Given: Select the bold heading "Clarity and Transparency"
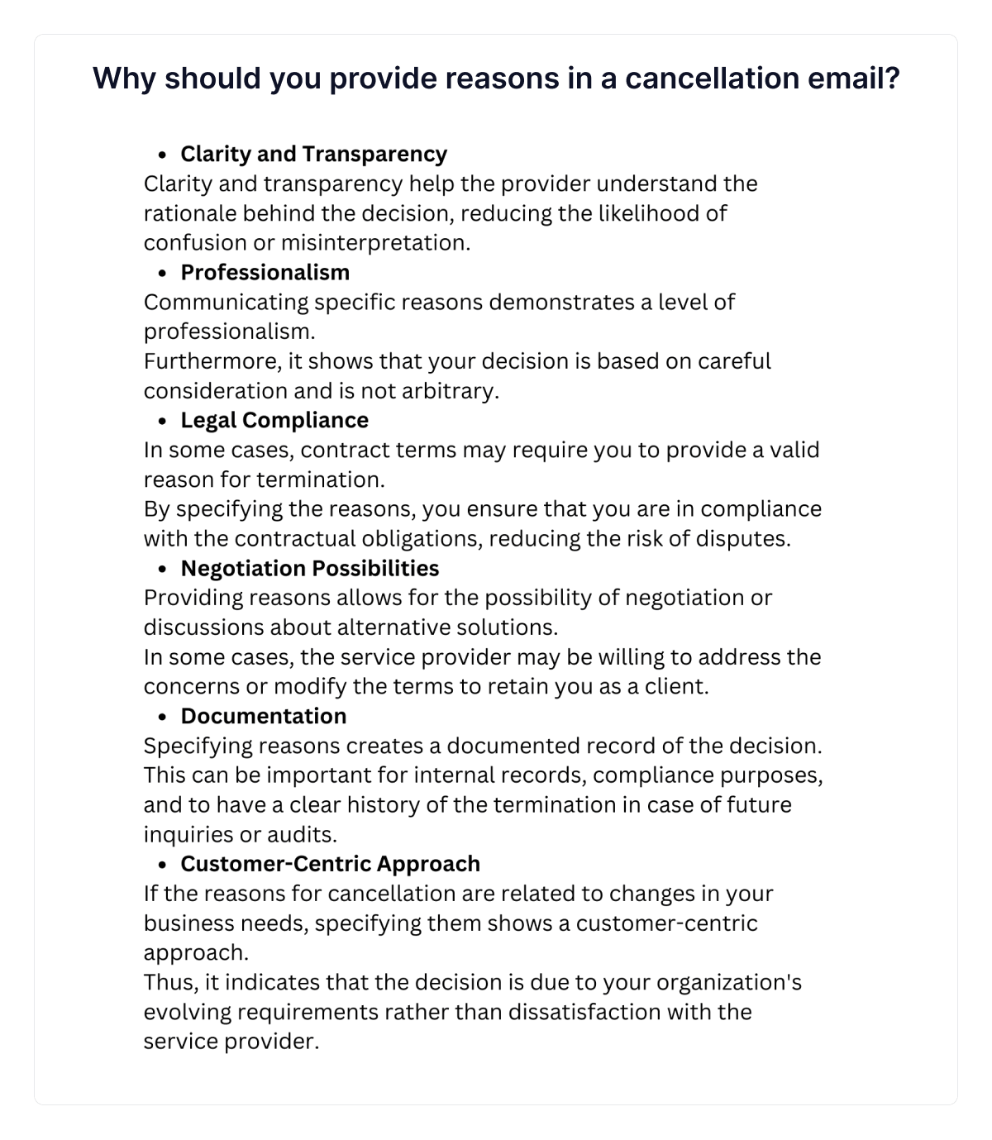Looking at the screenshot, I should pyautogui.click(x=313, y=154).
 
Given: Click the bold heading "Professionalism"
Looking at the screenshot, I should pyautogui.click(x=265, y=272).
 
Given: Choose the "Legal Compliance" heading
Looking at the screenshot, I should pyautogui.click(x=274, y=420).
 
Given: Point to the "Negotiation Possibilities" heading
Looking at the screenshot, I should pyautogui.click(x=309, y=568).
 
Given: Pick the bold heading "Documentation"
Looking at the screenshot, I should pyautogui.click(x=263, y=716).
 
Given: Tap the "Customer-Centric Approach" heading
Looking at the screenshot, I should pyautogui.click(x=330, y=864).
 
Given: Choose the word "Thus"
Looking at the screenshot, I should pyautogui.click(x=169, y=982).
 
